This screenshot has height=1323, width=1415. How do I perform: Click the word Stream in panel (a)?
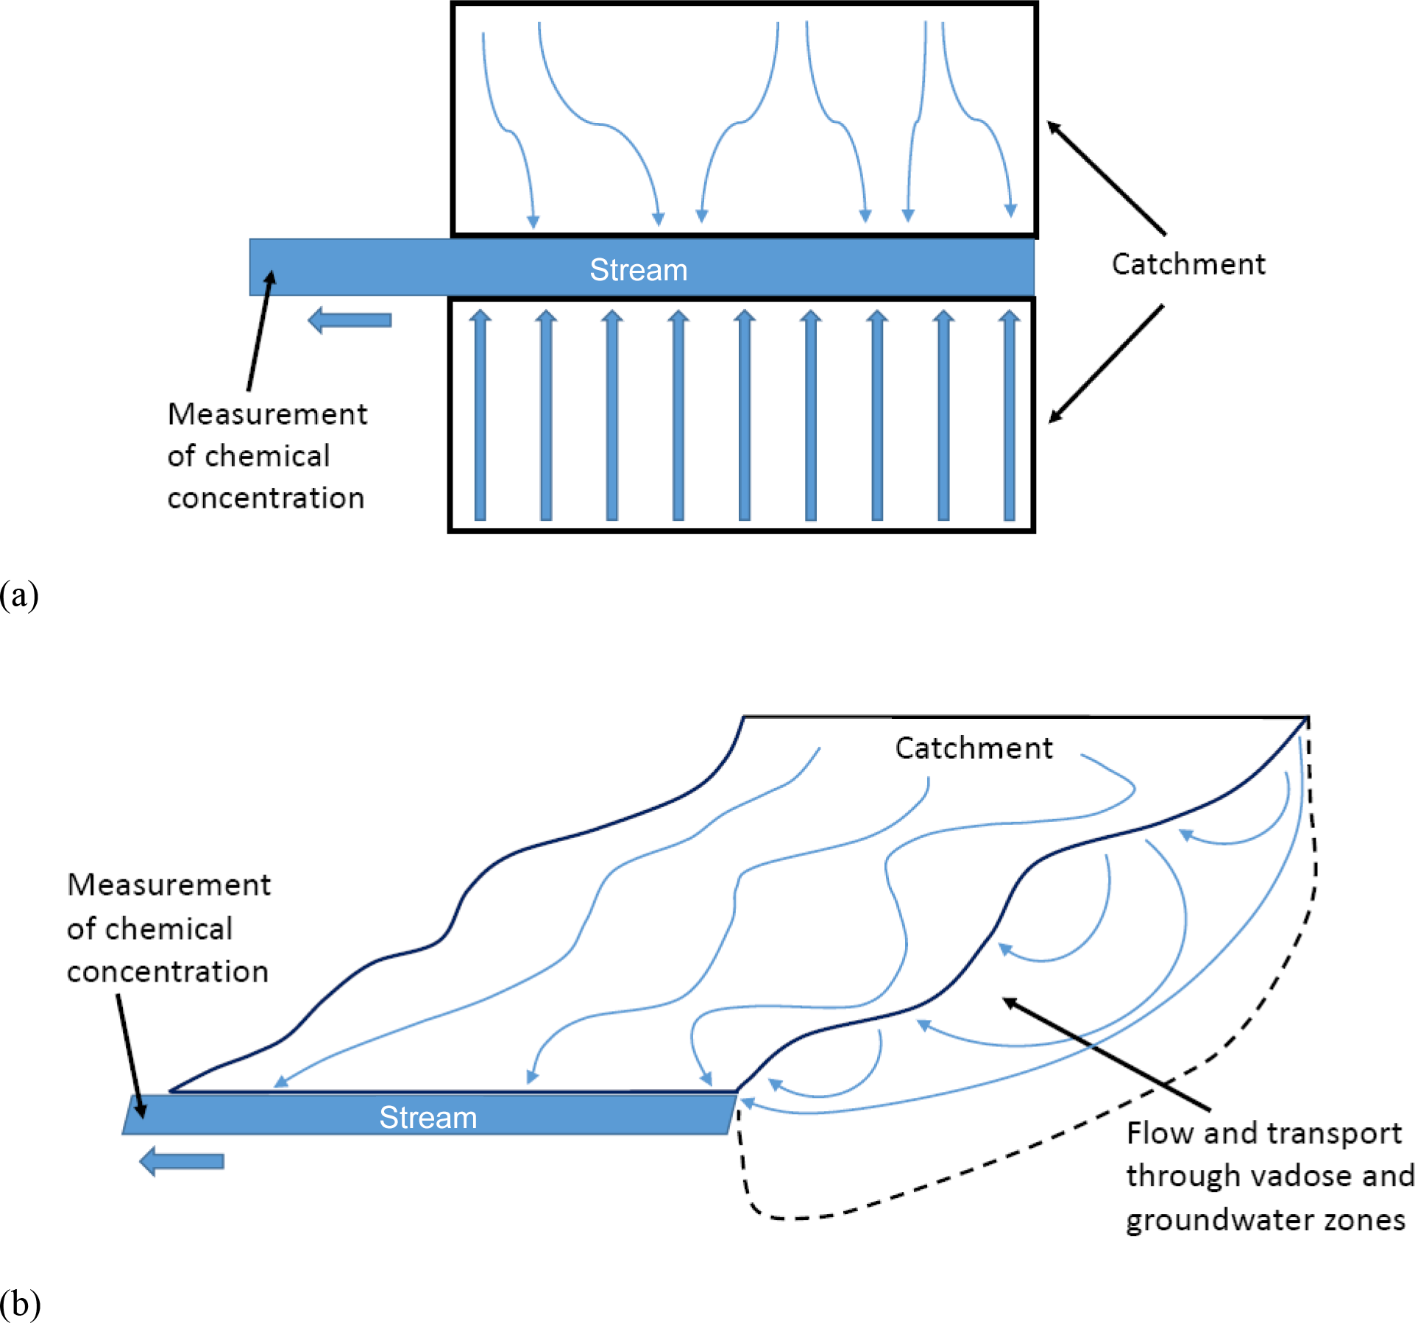(638, 270)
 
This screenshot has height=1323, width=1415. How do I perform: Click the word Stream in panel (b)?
(428, 1118)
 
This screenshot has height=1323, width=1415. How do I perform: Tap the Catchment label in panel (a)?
(1188, 264)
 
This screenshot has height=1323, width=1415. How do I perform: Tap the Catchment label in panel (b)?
(974, 748)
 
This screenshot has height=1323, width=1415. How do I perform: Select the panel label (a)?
(19, 595)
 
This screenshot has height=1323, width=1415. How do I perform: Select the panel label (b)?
(20, 1304)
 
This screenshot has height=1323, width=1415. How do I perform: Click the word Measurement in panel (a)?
(267, 414)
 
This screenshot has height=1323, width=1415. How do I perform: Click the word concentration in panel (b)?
(168, 972)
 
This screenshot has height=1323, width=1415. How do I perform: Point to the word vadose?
(1269, 1176)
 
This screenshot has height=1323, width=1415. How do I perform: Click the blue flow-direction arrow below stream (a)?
(350, 320)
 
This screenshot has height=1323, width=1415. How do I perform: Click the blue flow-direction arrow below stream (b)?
(182, 1161)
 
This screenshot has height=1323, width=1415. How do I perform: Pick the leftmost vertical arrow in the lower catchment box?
(480, 416)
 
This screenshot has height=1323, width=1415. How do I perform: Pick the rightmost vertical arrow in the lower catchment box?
(1010, 416)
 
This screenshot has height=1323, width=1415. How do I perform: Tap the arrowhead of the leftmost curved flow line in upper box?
(533, 221)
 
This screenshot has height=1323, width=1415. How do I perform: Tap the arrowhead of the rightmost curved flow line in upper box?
(1011, 210)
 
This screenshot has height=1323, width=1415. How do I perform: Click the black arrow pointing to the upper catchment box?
(1106, 177)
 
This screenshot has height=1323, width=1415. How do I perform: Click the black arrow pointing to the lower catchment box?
(1106, 363)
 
